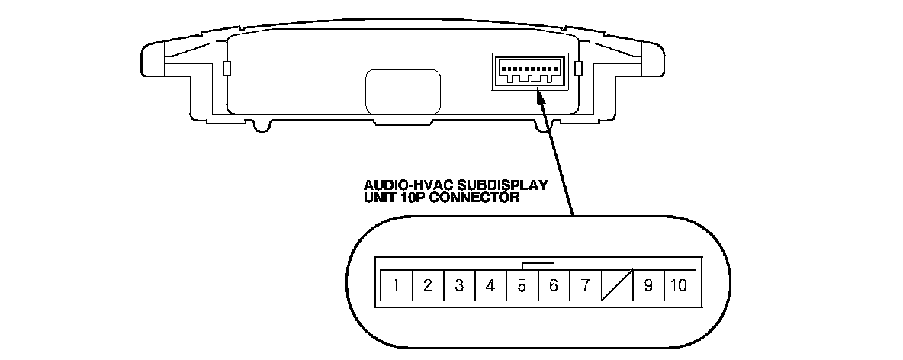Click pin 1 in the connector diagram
397,286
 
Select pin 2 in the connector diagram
428,286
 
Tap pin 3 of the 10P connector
459,286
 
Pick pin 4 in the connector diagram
490,286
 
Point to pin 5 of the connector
522,286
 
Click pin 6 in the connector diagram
554,286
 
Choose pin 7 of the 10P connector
585,286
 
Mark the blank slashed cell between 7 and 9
616,286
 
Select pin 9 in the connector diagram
648,286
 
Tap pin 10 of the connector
679,286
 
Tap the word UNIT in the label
379,198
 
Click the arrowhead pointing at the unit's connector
541,98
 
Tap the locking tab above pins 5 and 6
538,264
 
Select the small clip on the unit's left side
225,69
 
